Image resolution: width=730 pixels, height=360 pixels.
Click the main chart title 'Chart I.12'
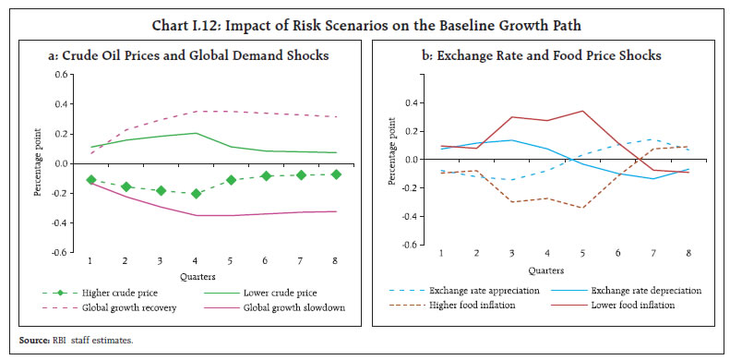coord(365,13)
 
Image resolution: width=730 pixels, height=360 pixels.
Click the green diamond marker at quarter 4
coord(196,193)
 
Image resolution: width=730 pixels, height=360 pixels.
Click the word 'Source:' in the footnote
coord(31,341)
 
